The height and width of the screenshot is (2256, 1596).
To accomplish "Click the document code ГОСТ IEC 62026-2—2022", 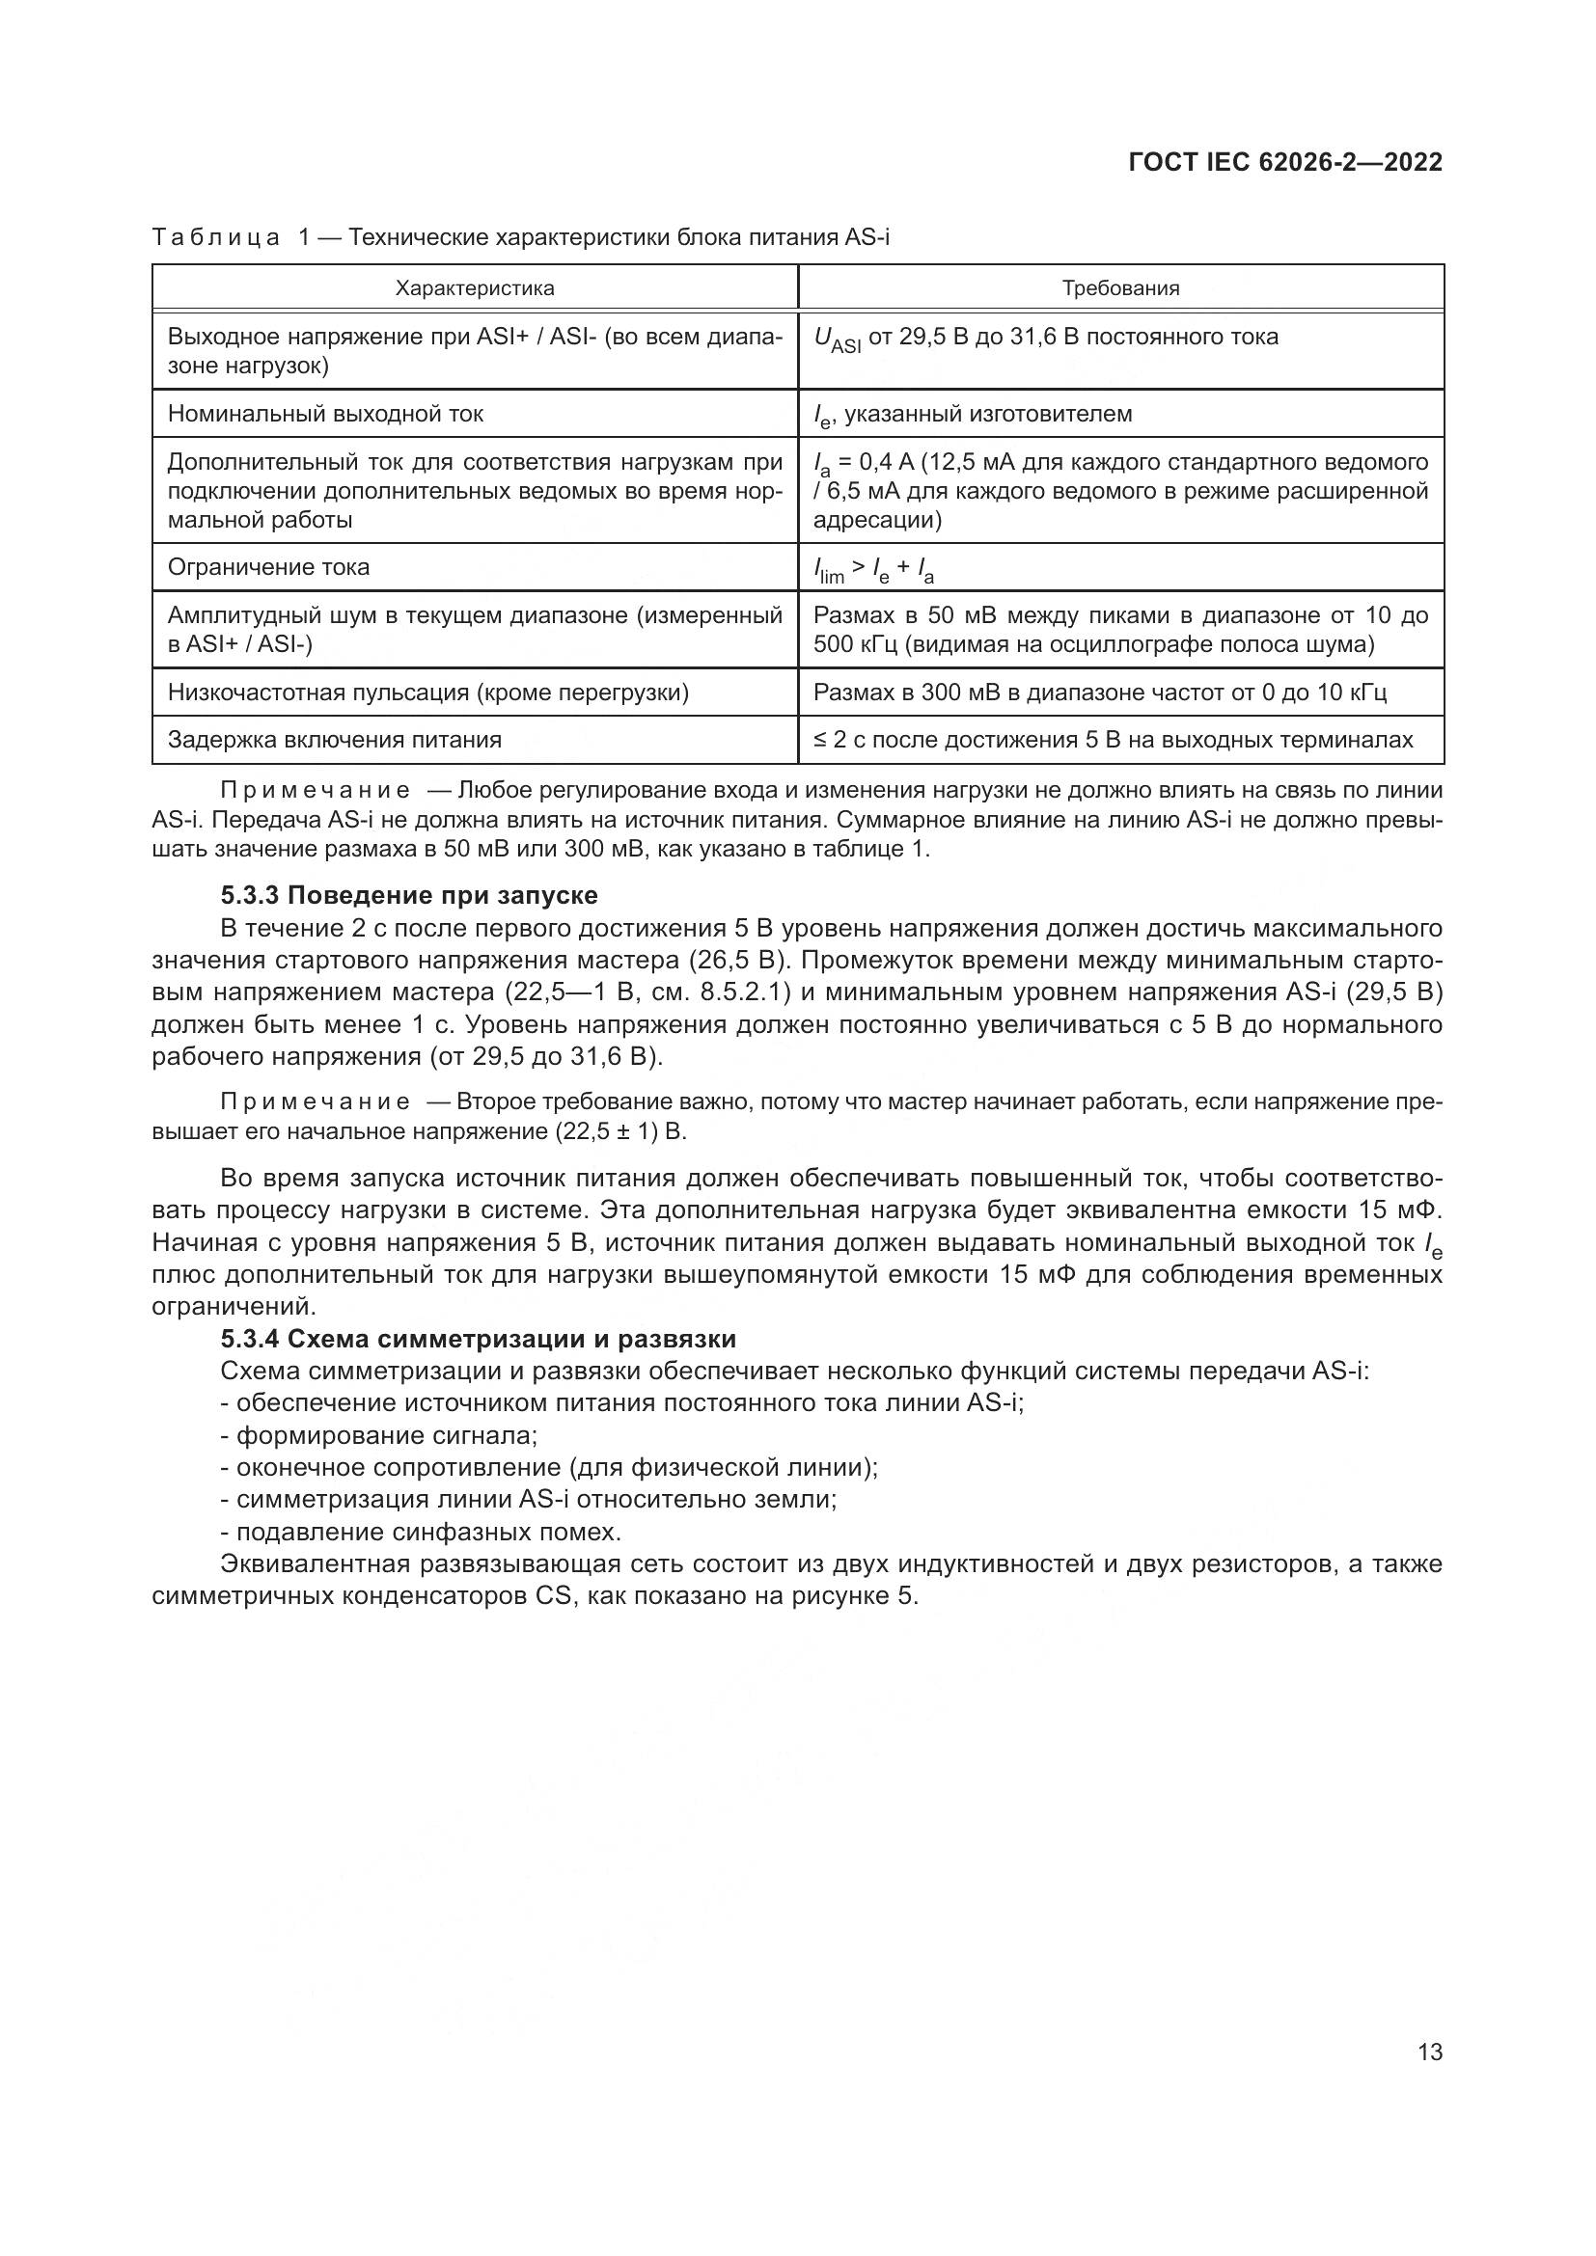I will (x=1285, y=162).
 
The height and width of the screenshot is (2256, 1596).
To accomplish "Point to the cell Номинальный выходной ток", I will (x=325, y=414).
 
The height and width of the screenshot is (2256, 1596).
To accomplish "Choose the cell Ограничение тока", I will (x=268, y=567).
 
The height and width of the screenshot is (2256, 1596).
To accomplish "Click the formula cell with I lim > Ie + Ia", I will (x=873, y=569).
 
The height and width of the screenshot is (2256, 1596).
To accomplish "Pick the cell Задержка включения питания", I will (x=334, y=740).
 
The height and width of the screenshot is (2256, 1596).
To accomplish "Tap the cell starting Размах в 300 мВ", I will (x=1099, y=693).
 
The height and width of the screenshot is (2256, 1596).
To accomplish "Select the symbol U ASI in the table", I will (x=837, y=339).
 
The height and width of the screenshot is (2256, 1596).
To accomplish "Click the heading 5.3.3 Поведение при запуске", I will (x=409, y=895).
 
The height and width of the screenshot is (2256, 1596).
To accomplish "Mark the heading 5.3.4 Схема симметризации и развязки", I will (x=478, y=1340).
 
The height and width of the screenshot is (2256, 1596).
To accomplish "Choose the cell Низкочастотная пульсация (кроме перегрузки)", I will (x=428, y=693).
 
